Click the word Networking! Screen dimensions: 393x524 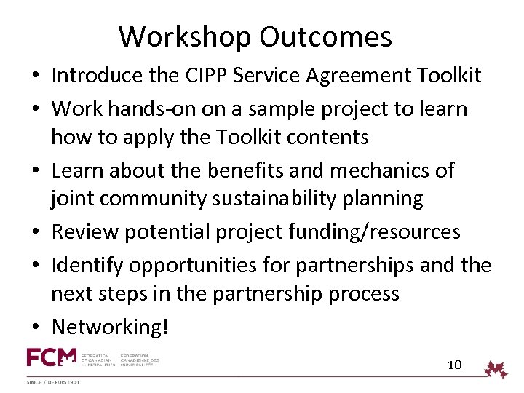110,327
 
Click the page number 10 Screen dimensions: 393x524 454,365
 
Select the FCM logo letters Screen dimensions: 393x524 51,358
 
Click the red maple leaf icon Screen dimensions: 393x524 496,369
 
